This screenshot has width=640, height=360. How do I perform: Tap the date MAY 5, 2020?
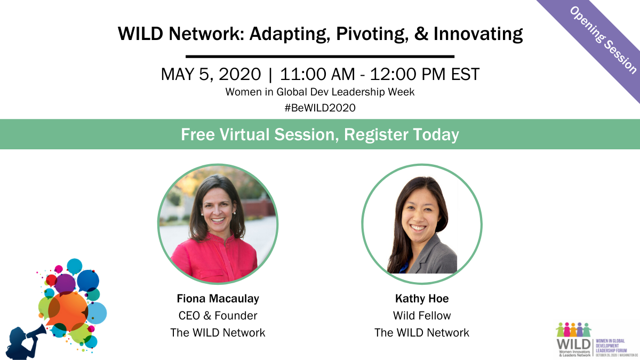coord(211,74)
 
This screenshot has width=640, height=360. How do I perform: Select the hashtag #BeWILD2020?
coord(320,108)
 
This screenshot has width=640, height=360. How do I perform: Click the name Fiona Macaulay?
coord(218,298)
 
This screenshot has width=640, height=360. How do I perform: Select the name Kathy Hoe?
coord(422,298)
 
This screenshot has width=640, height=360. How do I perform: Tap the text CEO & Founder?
coord(218,315)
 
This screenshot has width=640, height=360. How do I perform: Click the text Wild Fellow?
coord(422,315)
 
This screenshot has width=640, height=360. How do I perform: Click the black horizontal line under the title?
coord(320,56)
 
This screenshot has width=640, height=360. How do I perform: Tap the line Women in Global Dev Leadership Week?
coord(320,92)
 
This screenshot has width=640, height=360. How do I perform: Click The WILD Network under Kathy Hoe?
coord(422,333)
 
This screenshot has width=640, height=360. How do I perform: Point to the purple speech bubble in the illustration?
coord(65,283)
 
